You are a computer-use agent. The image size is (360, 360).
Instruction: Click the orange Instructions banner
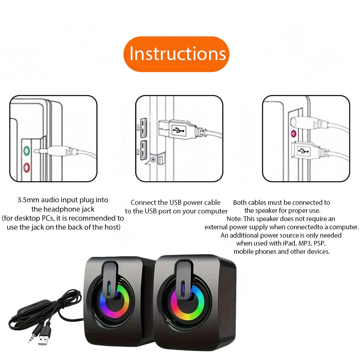pyautogui.click(x=176, y=54)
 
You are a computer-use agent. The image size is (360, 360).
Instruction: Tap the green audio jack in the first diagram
pyautogui.click(x=27, y=151)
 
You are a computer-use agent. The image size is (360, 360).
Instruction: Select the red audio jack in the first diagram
pyautogui.click(x=27, y=167)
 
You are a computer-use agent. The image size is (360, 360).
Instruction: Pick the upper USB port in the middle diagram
pyautogui.click(x=144, y=127)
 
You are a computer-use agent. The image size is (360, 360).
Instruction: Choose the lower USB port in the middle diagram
pyautogui.click(x=144, y=150)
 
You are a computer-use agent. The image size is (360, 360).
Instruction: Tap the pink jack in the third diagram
pyautogui.click(x=293, y=134)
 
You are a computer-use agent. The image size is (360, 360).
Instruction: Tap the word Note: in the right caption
pyautogui.click(x=234, y=219)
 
